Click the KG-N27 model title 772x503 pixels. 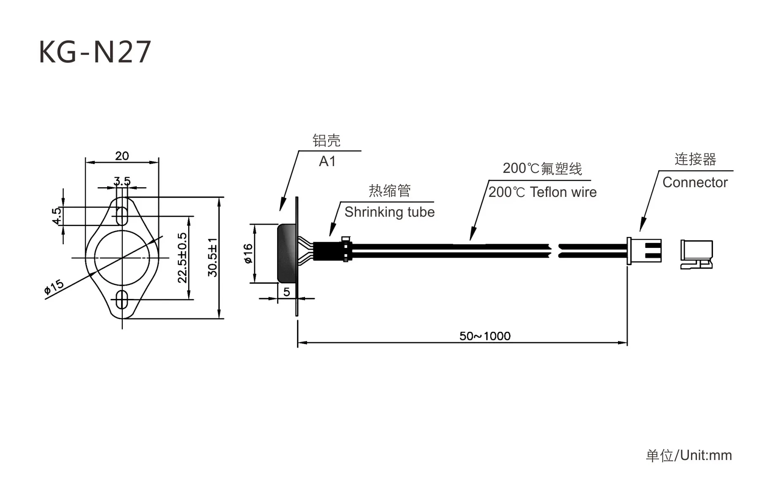94,52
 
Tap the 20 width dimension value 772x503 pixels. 122,156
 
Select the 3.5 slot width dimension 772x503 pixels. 122,181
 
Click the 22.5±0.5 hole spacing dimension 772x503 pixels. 182,258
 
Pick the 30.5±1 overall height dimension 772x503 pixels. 213,258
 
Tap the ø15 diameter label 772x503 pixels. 54,286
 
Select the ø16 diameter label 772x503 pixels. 248,253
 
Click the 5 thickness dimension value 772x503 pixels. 287,292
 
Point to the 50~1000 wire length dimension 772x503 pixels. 485,336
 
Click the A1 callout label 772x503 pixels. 327,161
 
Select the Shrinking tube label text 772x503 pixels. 389,212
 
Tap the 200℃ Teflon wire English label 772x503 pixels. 543,192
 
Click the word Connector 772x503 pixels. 695,183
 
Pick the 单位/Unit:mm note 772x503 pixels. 688,455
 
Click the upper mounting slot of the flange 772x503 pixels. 122,216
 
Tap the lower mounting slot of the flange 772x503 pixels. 122,299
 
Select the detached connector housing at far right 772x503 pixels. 696,254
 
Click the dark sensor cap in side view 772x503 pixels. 286,253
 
